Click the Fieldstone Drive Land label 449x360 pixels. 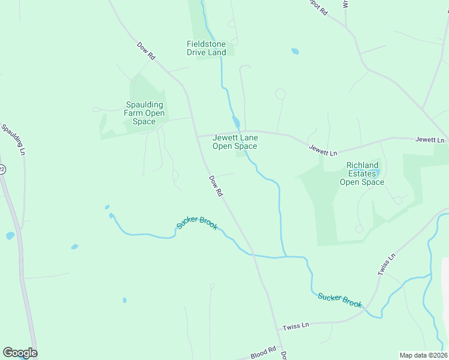(x=206, y=48)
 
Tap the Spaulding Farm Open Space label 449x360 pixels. (x=144, y=113)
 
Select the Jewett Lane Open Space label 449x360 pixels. (x=235, y=142)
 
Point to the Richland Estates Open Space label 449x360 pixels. (x=362, y=173)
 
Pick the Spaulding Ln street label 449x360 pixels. (x=13, y=139)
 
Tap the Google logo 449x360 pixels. (x=20, y=353)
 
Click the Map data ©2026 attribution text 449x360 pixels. (x=423, y=355)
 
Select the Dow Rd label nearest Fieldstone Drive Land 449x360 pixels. (x=146, y=50)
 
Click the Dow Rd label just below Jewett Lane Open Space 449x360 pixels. (x=216, y=186)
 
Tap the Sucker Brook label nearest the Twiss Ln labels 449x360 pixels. (x=340, y=299)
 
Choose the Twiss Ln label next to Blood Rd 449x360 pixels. (x=295, y=325)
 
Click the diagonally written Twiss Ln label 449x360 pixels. (x=387, y=265)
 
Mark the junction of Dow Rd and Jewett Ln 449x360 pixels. (x=197, y=136)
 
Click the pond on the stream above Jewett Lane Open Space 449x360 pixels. (x=237, y=123)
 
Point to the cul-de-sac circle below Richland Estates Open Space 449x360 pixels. (x=359, y=229)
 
